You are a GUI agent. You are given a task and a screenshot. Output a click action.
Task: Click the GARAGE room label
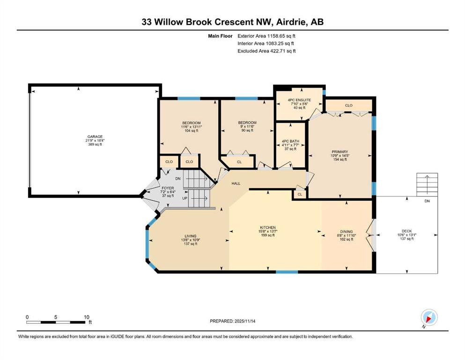[95, 136]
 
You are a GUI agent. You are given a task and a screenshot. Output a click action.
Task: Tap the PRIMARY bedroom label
[340, 152]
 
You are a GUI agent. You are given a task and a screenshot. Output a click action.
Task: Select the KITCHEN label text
[268, 227]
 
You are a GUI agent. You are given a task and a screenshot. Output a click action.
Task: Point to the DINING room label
[347, 232]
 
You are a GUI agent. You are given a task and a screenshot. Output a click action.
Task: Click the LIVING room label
[191, 236]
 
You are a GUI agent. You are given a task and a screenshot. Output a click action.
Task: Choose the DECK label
[407, 231]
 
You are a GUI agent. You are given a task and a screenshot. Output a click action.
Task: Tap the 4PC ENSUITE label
[299, 100]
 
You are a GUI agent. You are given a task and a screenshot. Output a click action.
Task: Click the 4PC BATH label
[290, 141]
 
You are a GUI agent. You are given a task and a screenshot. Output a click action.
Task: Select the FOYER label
[168, 188]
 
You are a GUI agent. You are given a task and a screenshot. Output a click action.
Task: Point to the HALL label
[236, 183]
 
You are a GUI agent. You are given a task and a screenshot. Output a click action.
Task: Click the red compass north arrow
[428, 319]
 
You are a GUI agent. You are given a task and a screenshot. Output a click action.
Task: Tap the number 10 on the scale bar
[86, 317]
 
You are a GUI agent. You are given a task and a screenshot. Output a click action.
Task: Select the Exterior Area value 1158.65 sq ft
[281, 36]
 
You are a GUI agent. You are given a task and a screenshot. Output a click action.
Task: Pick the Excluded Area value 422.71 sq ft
[283, 51]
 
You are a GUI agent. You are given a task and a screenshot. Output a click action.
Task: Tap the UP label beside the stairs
[185, 198]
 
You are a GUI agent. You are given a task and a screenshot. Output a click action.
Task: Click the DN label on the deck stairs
[427, 201]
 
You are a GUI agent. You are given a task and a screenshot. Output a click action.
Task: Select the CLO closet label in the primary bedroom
[349, 105]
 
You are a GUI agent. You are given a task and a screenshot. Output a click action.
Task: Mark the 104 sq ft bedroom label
[191, 131]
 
